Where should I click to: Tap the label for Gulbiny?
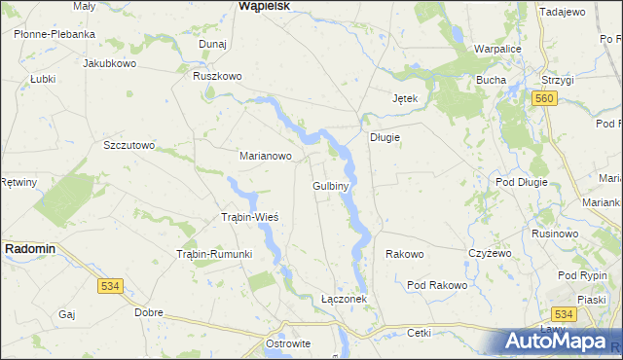(331, 184)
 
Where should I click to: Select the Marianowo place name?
(266, 155)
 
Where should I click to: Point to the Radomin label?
(30, 249)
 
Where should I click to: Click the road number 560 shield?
(544, 99)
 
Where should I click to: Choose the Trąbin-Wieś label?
(250, 216)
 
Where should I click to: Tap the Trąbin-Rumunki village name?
(214, 254)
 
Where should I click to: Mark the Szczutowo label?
(129, 145)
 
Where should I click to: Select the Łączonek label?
(344, 299)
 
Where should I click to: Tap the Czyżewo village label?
(490, 253)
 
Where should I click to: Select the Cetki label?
(419, 332)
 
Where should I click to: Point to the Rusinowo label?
(556, 234)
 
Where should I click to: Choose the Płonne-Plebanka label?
(55, 33)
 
